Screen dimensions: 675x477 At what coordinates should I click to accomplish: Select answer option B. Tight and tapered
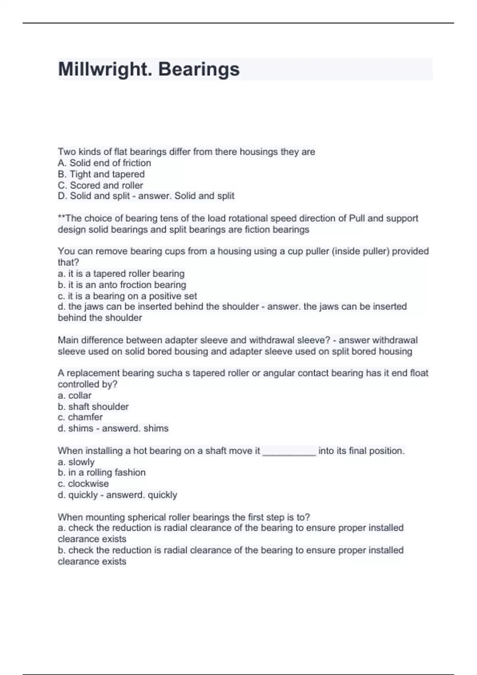(101, 174)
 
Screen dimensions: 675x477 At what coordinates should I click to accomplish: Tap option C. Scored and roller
(101, 185)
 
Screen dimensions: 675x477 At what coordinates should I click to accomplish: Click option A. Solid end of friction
(105, 163)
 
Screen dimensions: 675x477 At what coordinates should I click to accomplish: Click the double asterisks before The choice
(61, 218)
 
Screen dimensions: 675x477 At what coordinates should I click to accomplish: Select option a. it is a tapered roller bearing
(121, 274)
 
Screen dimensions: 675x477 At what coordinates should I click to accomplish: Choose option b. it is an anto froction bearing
(122, 285)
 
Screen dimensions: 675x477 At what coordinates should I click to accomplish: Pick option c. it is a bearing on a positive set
(127, 296)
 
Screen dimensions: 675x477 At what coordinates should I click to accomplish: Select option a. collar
(75, 395)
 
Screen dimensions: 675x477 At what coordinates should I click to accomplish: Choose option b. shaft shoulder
(93, 407)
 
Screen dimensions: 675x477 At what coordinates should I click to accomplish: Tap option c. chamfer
(80, 417)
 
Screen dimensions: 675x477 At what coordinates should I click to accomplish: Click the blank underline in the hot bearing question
(289, 452)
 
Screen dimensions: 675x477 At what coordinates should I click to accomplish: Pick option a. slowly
(76, 462)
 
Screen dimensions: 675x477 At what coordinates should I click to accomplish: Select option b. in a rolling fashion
(102, 472)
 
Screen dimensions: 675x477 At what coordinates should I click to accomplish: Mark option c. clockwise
(83, 484)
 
